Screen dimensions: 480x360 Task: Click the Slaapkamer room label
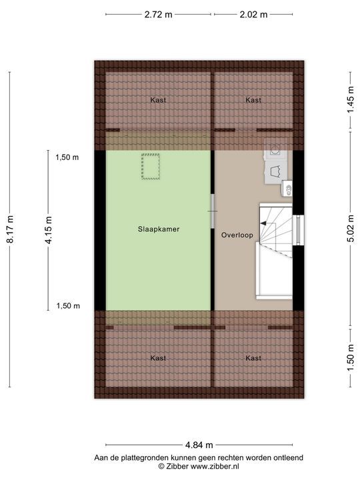coord(159,229)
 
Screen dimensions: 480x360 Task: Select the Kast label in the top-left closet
coord(159,100)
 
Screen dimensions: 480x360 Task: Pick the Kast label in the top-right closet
coord(253,100)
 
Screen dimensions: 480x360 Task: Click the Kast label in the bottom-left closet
coord(159,358)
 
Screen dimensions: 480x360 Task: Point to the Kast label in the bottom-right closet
coord(253,358)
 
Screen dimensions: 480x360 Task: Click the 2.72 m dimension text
coord(158,15)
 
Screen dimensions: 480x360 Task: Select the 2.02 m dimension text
coord(253,15)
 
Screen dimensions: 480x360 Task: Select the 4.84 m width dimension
coord(199,445)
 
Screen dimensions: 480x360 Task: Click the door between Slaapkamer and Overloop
coord(213,211)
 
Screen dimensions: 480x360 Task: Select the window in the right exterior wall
coord(299,230)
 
